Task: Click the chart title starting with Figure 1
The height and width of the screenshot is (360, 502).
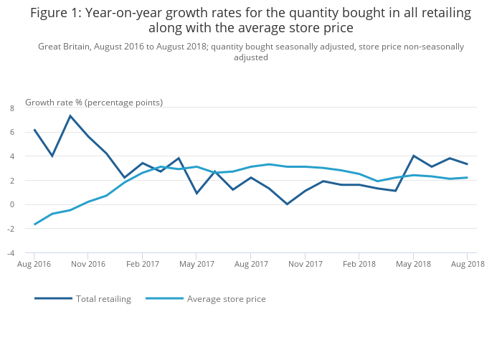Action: (250, 21)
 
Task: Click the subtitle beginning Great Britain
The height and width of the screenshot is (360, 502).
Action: (250, 52)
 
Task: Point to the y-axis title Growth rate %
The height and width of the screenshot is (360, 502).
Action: (94, 103)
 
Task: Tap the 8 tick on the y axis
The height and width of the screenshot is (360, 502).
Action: (12, 108)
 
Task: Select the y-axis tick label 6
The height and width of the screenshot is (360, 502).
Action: (12, 132)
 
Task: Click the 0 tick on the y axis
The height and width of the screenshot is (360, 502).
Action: (12, 204)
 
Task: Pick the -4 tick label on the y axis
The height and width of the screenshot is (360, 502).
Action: (11, 253)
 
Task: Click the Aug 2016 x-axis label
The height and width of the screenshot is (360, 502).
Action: (34, 264)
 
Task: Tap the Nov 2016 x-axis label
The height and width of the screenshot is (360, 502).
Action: (87, 264)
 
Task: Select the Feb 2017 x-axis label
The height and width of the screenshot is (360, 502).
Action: (142, 264)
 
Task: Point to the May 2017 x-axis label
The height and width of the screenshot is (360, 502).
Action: (196, 264)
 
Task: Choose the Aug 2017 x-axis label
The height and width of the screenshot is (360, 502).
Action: (250, 264)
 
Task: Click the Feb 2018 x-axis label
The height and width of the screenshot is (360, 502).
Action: (359, 264)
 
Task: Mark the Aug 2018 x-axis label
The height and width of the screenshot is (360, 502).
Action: (467, 264)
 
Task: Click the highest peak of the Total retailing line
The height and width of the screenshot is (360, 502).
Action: (70, 115)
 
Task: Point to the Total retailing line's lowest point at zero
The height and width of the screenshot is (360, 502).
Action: (287, 204)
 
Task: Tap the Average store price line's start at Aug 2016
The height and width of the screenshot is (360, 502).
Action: (34, 224)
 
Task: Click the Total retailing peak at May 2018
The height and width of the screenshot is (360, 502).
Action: (413, 156)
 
